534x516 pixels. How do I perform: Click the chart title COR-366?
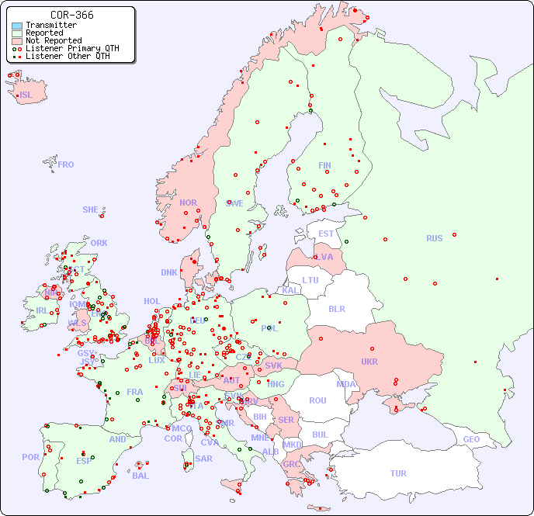(x=71, y=15)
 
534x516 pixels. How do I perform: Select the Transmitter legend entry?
(x=50, y=25)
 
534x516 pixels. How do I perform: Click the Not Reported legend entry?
(x=53, y=40)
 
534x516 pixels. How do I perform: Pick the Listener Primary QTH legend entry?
(x=72, y=48)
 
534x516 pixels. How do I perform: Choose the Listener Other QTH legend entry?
(x=68, y=56)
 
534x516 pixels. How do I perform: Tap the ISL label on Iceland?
(x=26, y=95)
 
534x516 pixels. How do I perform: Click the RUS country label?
(x=434, y=238)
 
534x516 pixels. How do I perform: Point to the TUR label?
(x=398, y=473)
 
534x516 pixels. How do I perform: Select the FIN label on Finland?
(x=324, y=165)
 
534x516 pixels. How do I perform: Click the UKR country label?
(x=369, y=362)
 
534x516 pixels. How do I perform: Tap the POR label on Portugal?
(x=30, y=457)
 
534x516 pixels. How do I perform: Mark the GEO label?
(x=471, y=439)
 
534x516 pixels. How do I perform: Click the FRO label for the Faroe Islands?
(x=66, y=164)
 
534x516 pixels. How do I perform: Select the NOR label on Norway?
(x=188, y=203)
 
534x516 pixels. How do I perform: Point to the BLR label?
(x=336, y=308)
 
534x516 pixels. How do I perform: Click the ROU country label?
(x=317, y=400)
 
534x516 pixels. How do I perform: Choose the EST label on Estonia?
(x=326, y=234)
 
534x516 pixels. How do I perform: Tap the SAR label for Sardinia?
(x=203, y=459)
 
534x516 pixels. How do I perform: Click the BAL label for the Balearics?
(x=140, y=476)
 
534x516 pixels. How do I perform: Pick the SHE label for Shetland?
(x=91, y=210)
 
